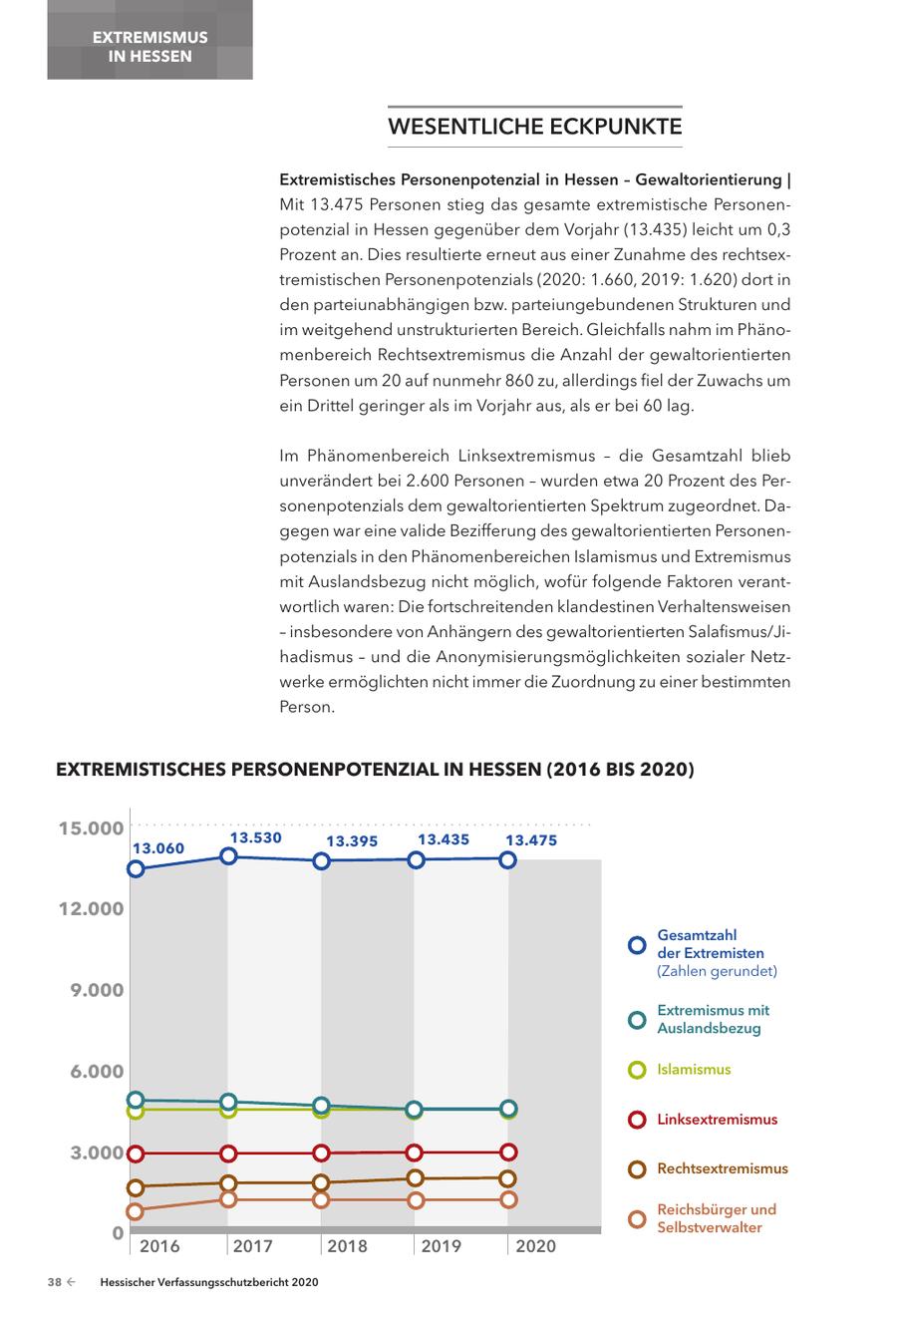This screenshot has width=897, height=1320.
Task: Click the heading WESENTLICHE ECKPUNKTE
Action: [x=534, y=128]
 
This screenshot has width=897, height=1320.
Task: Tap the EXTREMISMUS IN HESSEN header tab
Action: [x=149, y=47]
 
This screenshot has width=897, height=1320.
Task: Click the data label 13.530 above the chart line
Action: [x=256, y=837]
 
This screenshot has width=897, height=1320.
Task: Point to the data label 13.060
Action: [x=159, y=848]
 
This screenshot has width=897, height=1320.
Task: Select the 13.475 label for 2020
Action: [x=530, y=840]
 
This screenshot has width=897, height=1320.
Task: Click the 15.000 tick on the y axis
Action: [x=91, y=828]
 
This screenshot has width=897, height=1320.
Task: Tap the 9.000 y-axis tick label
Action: [x=97, y=990]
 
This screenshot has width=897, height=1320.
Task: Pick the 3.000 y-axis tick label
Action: [x=97, y=1154]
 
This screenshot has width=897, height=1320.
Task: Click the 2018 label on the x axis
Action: [x=347, y=1246]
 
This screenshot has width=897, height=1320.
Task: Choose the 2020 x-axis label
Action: [x=536, y=1246]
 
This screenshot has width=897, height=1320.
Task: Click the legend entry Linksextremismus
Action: [x=717, y=1120]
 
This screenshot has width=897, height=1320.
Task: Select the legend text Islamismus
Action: [x=694, y=1070]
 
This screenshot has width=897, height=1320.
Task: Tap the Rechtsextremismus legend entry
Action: [x=722, y=1168]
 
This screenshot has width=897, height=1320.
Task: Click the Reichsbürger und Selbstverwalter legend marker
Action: [x=637, y=1218]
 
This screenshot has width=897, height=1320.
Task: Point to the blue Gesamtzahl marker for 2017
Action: [x=228, y=855]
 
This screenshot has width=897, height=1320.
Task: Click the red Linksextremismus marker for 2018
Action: [x=321, y=1154]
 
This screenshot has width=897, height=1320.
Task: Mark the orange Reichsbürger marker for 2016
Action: [x=136, y=1211]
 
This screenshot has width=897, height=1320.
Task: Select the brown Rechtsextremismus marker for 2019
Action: [x=416, y=1178]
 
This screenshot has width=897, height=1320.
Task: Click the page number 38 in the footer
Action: [x=55, y=1284]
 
